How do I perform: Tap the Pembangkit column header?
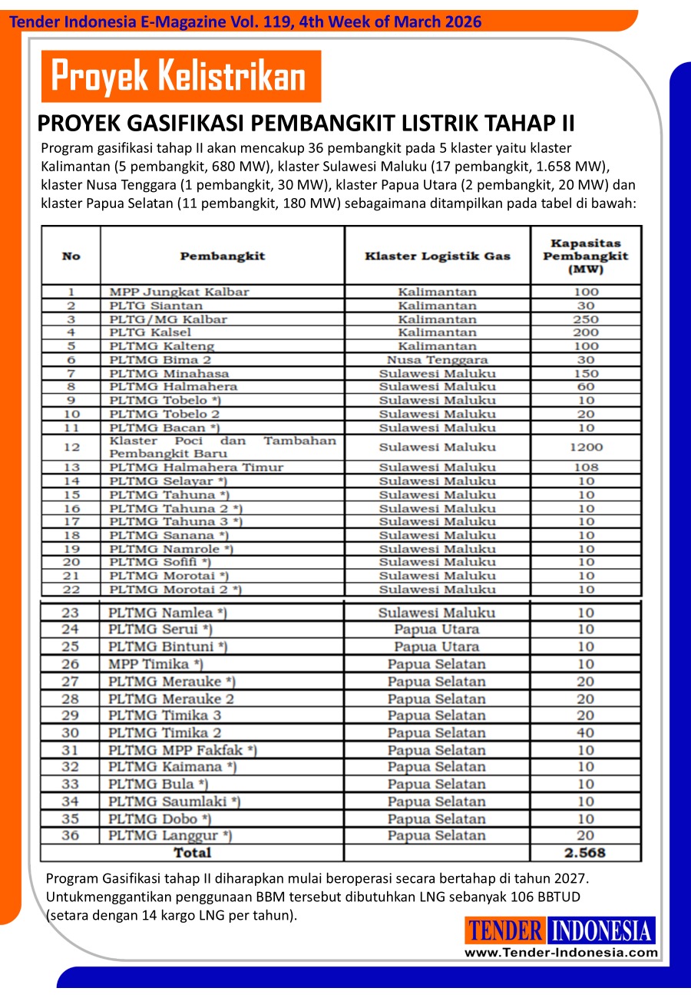tap(222, 256)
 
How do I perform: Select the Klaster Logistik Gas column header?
tap(437, 256)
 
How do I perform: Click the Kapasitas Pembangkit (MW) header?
tap(585, 256)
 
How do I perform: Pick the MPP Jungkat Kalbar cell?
tap(180, 292)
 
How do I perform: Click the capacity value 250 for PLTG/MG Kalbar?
tap(586, 319)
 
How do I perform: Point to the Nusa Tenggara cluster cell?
tap(437, 360)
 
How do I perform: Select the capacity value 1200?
tap(586, 447)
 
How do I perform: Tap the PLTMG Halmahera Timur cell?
tap(197, 468)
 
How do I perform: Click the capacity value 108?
tap(586, 468)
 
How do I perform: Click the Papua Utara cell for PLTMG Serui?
tap(436, 630)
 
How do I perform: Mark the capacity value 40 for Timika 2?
tap(586, 733)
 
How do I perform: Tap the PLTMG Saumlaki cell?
tap(174, 801)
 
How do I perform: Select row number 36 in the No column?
tap(70, 835)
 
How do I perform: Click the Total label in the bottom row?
tap(192, 853)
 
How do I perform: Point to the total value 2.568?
tap(585, 853)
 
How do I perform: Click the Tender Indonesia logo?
tap(560, 931)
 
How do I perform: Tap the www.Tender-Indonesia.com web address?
tap(560, 953)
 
